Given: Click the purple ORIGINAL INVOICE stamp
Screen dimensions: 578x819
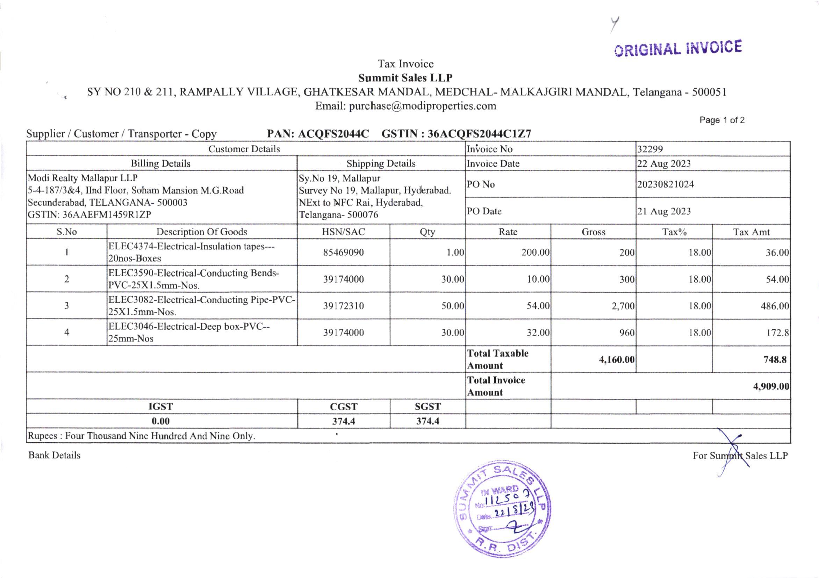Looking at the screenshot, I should pyautogui.click(x=678, y=49).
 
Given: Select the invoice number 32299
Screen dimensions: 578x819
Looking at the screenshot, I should pyautogui.click(x=650, y=149).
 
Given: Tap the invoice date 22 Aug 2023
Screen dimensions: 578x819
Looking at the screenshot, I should pyautogui.click(x=664, y=163).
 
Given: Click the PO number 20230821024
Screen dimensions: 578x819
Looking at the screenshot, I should pyautogui.click(x=666, y=184).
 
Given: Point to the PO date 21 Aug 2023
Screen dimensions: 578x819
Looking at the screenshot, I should pyautogui.click(x=664, y=211).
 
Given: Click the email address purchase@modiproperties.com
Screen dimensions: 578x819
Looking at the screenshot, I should pyautogui.click(x=422, y=106).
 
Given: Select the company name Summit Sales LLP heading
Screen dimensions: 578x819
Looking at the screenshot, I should pyautogui.click(x=405, y=78).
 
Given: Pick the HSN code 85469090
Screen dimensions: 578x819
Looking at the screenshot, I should pyautogui.click(x=343, y=252).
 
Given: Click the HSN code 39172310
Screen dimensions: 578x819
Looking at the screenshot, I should pyautogui.click(x=343, y=306).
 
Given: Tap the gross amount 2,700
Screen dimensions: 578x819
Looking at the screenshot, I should pyautogui.click(x=623, y=306).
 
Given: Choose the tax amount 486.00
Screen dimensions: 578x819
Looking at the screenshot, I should pyautogui.click(x=774, y=306).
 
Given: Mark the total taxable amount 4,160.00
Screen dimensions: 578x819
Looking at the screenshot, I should pyautogui.click(x=616, y=360).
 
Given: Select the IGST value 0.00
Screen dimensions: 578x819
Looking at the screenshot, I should pyautogui.click(x=160, y=421).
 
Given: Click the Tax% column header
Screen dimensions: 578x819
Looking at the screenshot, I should pyautogui.click(x=674, y=232).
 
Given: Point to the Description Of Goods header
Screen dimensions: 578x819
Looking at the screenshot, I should pyautogui.click(x=202, y=232).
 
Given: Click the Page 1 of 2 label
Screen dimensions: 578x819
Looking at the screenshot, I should pyautogui.click(x=722, y=120).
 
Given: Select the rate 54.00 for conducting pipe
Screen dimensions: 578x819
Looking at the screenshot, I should pyautogui.click(x=538, y=306).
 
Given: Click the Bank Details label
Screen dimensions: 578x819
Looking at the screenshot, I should pyautogui.click(x=55, y=455).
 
